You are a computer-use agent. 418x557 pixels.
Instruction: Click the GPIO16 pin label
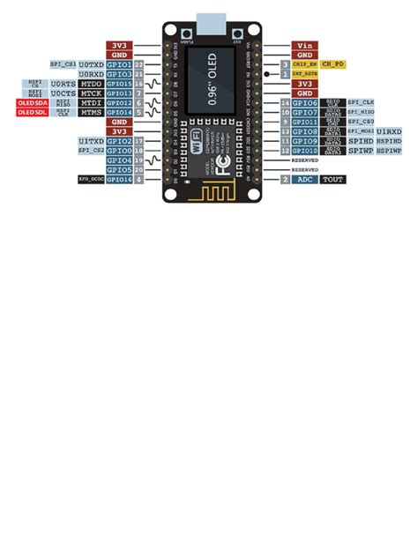tap(119, 180)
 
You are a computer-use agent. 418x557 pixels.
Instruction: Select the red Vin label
tap(305, 45)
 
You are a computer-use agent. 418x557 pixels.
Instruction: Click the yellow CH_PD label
tap(332, 64)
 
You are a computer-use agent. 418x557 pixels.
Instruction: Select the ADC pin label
tap(305, 180)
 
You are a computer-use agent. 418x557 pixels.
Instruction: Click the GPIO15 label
tap(119, 84)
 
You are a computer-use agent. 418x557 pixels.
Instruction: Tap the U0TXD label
tap(91, 64)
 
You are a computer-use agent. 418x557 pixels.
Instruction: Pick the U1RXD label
tap(391, 131)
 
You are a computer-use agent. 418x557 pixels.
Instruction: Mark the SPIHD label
tap(361, 141)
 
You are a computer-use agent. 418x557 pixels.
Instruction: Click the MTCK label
tap(91, 93)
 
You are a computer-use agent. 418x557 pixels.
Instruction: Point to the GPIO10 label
tap(305, 151)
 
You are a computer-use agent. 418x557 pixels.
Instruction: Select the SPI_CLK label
tap(361, 103)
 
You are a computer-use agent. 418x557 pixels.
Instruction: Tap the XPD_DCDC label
tap(91, 180)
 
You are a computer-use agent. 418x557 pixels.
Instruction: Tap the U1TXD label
tap(91, 141)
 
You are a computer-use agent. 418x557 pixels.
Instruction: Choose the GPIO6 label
tap(305, 103)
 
